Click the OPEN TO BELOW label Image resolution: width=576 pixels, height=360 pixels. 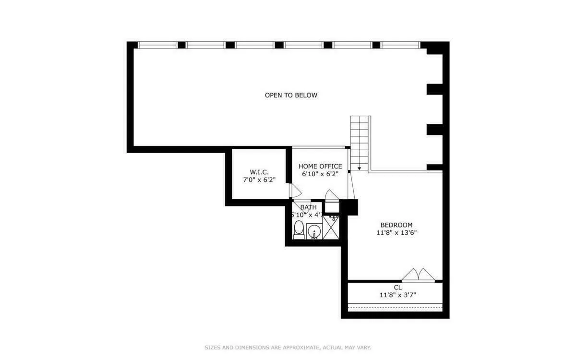coord(291,95)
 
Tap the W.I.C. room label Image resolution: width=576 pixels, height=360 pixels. coord(259,172)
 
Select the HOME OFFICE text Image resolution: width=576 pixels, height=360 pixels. coord(320,166)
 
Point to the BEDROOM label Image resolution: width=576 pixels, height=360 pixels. coord(396,225)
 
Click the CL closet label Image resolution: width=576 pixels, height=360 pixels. coord(397,287)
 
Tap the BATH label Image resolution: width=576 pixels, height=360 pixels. coord(308,207)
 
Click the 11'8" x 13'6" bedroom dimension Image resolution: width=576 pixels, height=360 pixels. coord(396,233)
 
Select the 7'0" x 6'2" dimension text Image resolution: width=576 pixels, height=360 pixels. coord(259,180)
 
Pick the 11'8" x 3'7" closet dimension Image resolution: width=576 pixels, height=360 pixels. coord(397,295)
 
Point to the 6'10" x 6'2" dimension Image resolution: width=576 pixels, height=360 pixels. coord(320,174)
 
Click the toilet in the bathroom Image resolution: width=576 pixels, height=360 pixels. coord(299,229)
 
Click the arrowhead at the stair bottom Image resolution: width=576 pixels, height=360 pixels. coord(359,168)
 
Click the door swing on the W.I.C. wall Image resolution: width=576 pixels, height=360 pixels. coord(295,191)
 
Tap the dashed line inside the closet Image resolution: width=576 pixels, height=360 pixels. coord(395,306)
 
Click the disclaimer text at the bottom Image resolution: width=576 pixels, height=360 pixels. coord(288,347)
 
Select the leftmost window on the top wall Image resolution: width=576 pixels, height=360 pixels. coord(157,45)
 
